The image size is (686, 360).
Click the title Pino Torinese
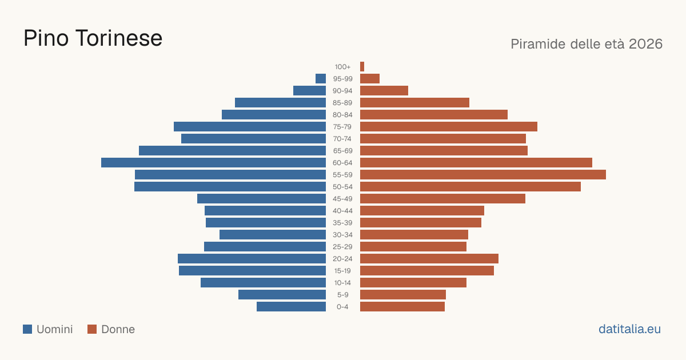[93, 38]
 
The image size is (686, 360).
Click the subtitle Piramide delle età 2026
[587, 44]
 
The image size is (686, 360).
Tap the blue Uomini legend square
[27, 329]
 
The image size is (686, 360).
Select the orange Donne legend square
[92, 329]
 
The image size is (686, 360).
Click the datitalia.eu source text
[629, 329]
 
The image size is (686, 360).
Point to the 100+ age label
[342, 67]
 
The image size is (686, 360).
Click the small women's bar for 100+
[362, 67]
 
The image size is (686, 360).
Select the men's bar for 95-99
[321, 79]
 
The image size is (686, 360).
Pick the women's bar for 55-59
[483, 175]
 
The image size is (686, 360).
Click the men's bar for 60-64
[213, 162]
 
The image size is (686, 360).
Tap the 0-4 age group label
[342, 307]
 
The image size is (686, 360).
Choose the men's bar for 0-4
[291, 307]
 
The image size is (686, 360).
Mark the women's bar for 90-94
[384, 91]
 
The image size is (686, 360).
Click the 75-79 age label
[342, 127]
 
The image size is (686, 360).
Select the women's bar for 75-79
[449, 127]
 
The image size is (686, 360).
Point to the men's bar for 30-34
[273, 235]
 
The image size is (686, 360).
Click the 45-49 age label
[342, 199]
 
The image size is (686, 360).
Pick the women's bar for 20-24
[429, 259]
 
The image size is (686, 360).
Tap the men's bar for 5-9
[282, 295]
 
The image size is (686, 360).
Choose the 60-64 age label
[342, 163]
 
